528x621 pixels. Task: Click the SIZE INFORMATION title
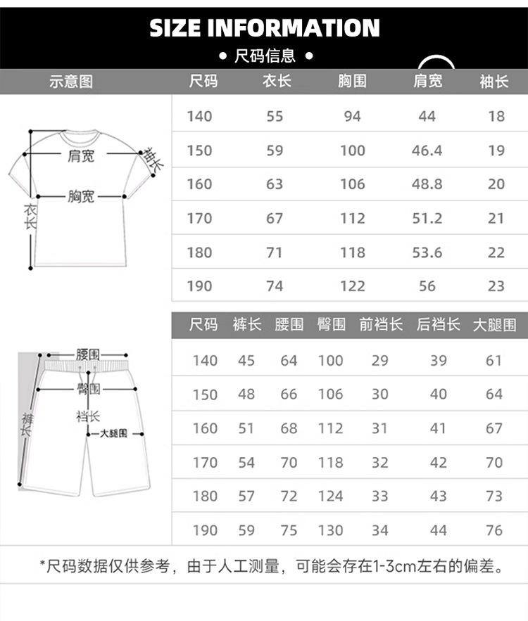265,28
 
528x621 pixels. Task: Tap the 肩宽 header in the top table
427,82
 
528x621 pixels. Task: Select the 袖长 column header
494,82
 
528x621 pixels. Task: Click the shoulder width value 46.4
427,150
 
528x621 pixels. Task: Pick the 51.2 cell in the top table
427,218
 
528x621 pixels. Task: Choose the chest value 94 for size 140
353,116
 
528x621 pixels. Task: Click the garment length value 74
275,286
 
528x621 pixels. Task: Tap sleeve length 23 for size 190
496,286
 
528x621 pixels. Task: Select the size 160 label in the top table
199,184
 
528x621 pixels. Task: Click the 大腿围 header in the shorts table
494,324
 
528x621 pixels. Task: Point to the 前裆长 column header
381,324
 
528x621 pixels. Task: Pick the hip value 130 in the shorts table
330,530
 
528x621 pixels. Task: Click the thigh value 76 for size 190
494,530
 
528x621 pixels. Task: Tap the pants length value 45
246,361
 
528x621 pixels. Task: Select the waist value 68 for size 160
289,428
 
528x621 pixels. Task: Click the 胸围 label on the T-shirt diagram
81,197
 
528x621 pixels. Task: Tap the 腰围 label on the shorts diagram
88,355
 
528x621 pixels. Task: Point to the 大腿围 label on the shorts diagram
113,435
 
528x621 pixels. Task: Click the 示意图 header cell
70,82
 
